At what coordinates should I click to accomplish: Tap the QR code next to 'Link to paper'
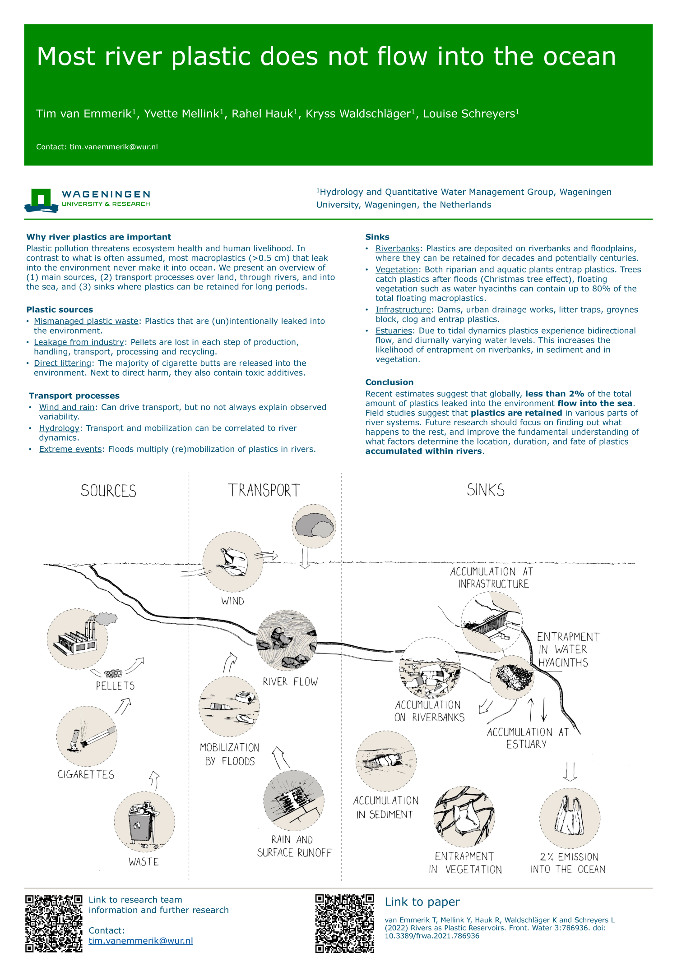coord(344,923)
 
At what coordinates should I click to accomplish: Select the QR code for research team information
coord(54,923)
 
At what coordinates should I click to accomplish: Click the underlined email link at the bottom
coord(140,941)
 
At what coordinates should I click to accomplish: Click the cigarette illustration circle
coord(87,736)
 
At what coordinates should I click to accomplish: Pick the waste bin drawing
coord(144,821)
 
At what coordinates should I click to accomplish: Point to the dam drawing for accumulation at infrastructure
coord(492,622)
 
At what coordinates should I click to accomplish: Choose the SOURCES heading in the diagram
coord(108,491)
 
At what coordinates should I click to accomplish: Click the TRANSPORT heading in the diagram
coord(264,490)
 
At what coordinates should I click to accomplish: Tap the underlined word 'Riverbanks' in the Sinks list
coord(397,248)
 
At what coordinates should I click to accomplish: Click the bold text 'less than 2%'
coord(554,394)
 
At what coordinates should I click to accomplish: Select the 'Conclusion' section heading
coord(389,382)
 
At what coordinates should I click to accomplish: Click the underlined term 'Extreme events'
coord(70,449)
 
